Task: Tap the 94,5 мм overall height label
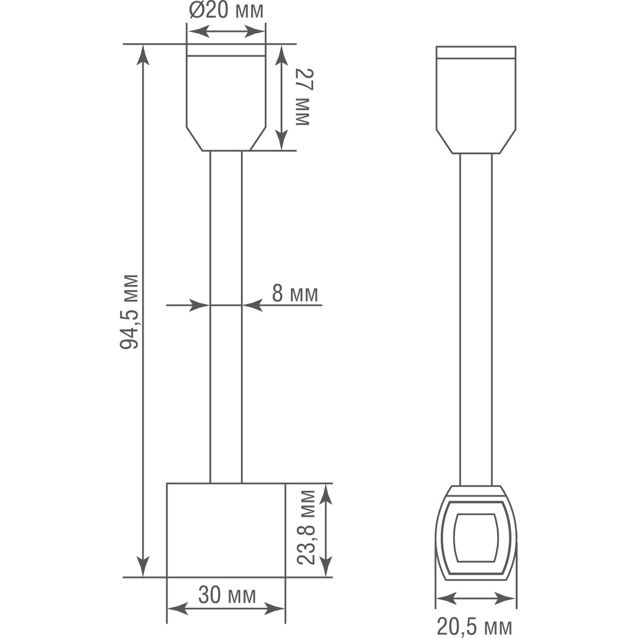(x=129, y=312)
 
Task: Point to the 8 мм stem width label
(x=295, y=293)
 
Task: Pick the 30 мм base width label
(x=227, y=595)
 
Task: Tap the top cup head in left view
(x=226, y=98)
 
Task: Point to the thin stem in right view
(x=476, y=319)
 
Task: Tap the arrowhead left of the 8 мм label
(x=200, y=305)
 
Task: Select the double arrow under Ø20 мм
(x=226, y=32)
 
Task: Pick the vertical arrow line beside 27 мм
(x=281, y=97)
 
